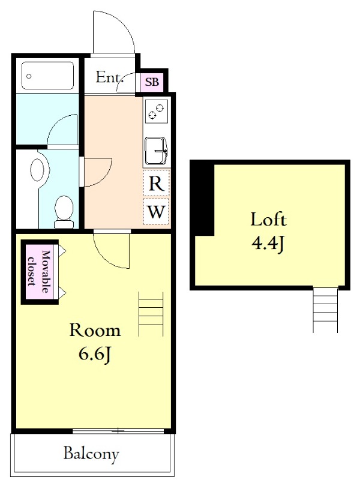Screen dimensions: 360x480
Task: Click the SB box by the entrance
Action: (x=152, y=82)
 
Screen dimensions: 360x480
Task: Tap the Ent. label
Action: (x=109, y=77)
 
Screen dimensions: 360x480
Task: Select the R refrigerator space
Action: (x=156, y=183)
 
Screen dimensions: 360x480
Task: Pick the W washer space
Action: (x=156, y=212)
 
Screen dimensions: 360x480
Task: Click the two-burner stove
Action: (x=157, y=111)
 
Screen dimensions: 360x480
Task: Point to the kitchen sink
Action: (x=156, y=151)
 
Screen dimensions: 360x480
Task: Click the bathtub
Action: (x=48, y=76)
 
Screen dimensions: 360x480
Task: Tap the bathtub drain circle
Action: (x=29, y=76)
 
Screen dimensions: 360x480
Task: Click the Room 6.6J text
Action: (x=95, y=342)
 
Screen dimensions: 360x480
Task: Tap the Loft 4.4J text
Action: (x=268, y=232)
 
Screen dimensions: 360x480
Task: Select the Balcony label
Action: (x=91, y=454)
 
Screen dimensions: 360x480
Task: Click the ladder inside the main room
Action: (x=151, y=314)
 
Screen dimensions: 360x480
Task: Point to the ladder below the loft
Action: (x=325, y=310)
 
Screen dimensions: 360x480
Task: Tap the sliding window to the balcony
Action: (x=118, y=431)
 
